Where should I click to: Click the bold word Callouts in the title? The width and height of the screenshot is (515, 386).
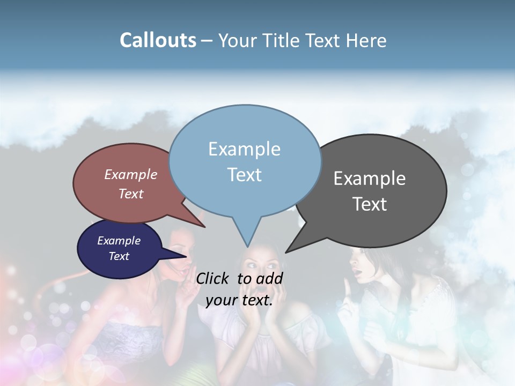pos(158,40)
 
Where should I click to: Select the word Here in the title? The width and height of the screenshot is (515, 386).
pos(366,40)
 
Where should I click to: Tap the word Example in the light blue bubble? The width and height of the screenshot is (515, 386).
pos(244,149)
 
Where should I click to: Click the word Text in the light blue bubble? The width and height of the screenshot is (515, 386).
pos(244,174)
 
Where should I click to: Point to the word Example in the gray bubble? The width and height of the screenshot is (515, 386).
pos(369,178)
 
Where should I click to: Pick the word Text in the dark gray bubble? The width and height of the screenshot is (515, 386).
pos(369,204)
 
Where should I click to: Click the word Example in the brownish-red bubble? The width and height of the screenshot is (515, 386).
pos(130,174)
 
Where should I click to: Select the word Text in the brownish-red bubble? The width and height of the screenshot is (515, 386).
pos(130,194)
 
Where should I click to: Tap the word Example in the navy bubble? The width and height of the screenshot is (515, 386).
pos(119,241)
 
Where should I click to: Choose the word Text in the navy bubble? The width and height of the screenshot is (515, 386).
pos(119,256)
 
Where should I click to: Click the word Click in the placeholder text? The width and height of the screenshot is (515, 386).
pos(214,279)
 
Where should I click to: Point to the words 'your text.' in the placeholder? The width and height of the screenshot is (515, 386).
pos(239,300)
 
